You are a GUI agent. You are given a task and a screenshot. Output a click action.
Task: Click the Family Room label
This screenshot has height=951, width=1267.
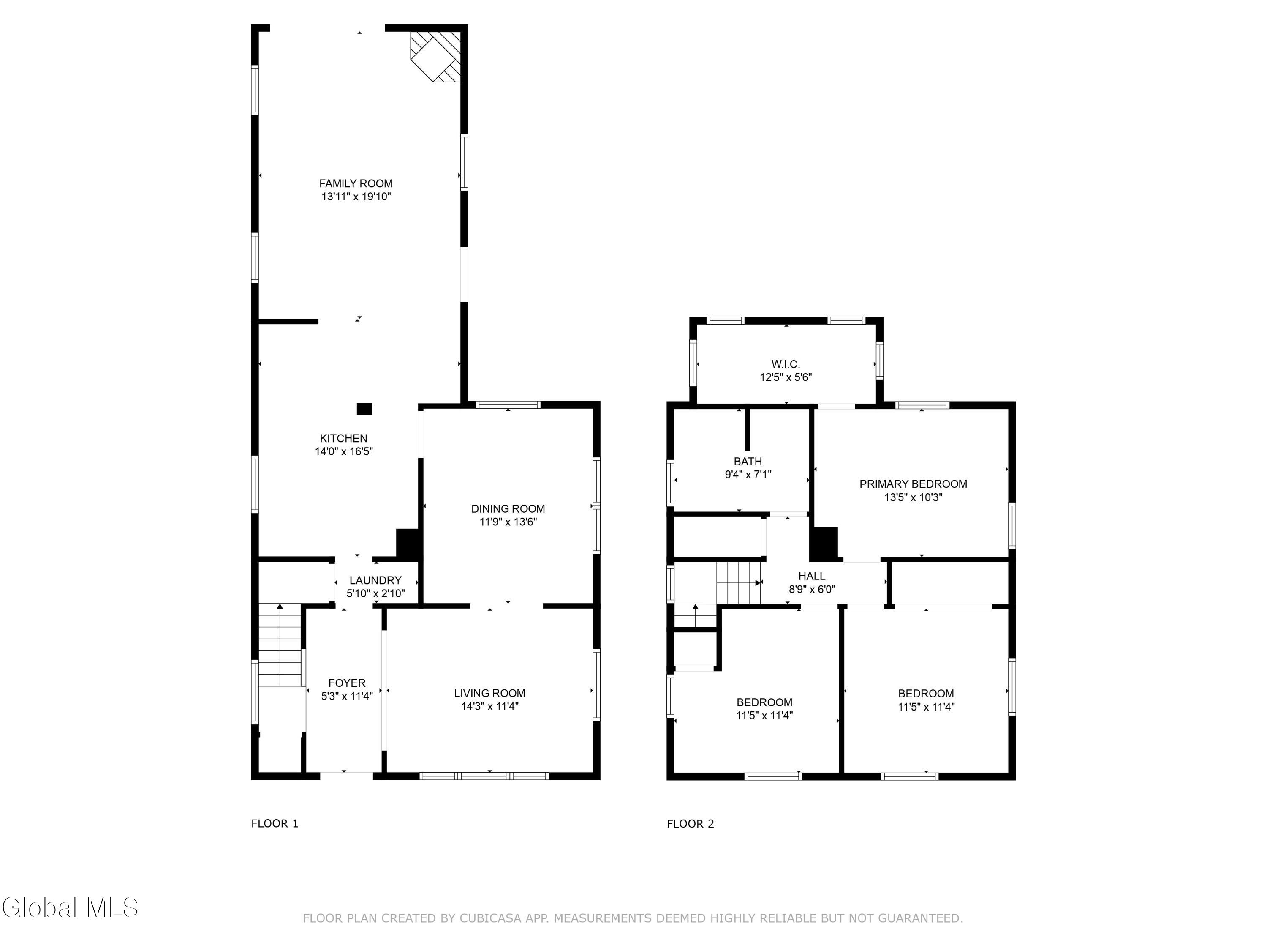pyautogui.click(x=356, y=183)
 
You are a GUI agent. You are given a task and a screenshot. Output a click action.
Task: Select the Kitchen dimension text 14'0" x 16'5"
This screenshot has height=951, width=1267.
pyautogui.click(x=344, y=452)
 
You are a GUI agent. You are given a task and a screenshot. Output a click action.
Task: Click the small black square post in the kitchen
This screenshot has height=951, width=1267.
pyautogui.click(x=364, y=409)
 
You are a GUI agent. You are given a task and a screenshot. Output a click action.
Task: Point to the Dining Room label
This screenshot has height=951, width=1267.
pyautogui.click(x=508, y=508)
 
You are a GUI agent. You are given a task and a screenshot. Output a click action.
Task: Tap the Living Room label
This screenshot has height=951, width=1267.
pyautogui.click(x=490, y=693)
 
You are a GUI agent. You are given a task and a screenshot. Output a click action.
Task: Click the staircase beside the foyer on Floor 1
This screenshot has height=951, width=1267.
pyautogui.click(x=280, y=645)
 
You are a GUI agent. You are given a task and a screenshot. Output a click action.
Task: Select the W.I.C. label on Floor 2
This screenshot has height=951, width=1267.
pyautogui.click(x=786, y=364)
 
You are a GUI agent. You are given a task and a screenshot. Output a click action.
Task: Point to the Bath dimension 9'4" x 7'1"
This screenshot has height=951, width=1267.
pyautogui.click(x=748, y=475)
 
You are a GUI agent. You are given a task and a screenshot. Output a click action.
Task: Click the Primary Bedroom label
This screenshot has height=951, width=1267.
pyautogui.click(x=913, y=484)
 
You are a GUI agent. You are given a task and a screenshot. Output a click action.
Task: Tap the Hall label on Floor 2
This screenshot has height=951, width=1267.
pyautogui.click(x=812, y=576)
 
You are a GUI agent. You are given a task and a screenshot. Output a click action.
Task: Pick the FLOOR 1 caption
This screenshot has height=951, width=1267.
pyautogui.click(x=275, y=824)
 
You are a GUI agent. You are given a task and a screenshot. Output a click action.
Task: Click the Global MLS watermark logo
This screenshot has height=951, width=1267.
pyautogui.click(x=70, y=907)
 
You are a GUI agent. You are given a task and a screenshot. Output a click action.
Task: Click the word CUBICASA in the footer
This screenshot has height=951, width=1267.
pyautogui.click(x=490, y=918)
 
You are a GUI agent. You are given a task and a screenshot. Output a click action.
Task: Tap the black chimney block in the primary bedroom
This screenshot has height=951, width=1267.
pyautogui.click(x=824, y=544)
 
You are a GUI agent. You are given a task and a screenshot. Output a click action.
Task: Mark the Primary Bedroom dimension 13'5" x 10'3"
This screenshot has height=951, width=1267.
pyautogui.click(x=913, y=497)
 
